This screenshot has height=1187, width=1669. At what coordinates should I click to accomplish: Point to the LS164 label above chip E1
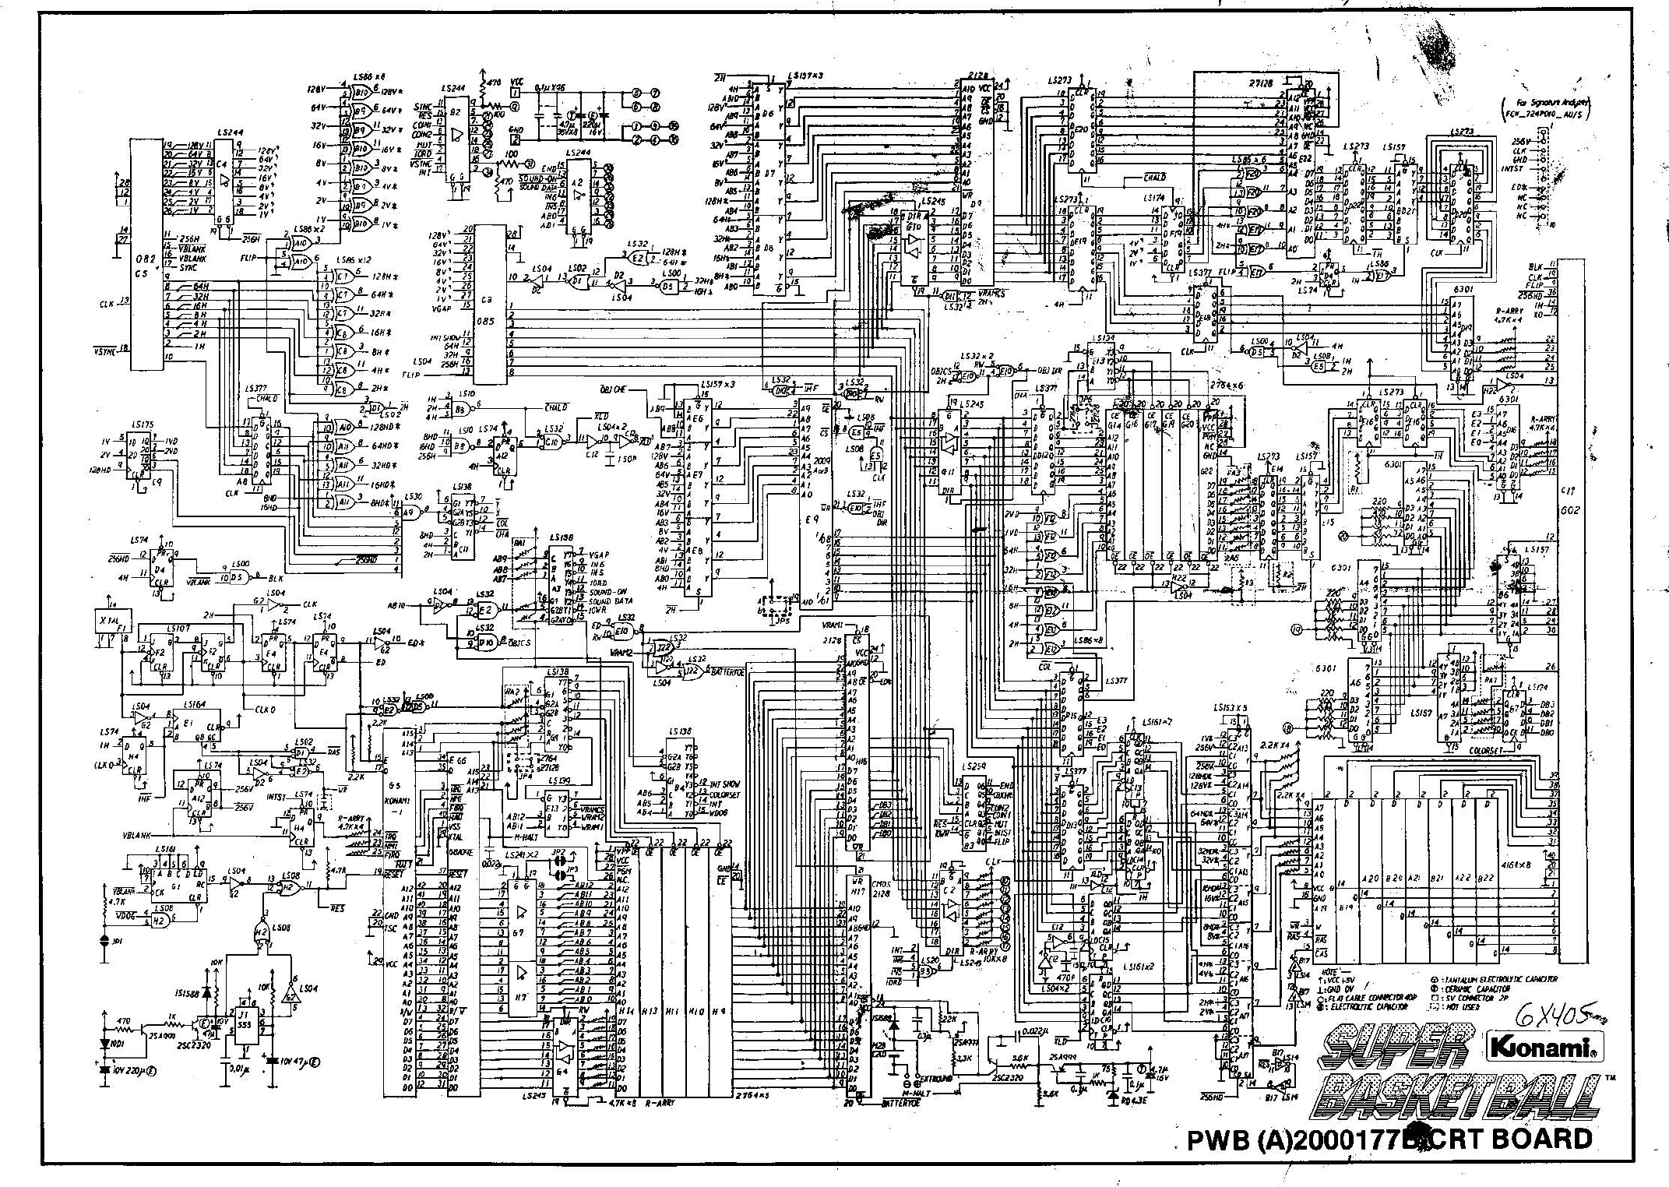195,703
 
